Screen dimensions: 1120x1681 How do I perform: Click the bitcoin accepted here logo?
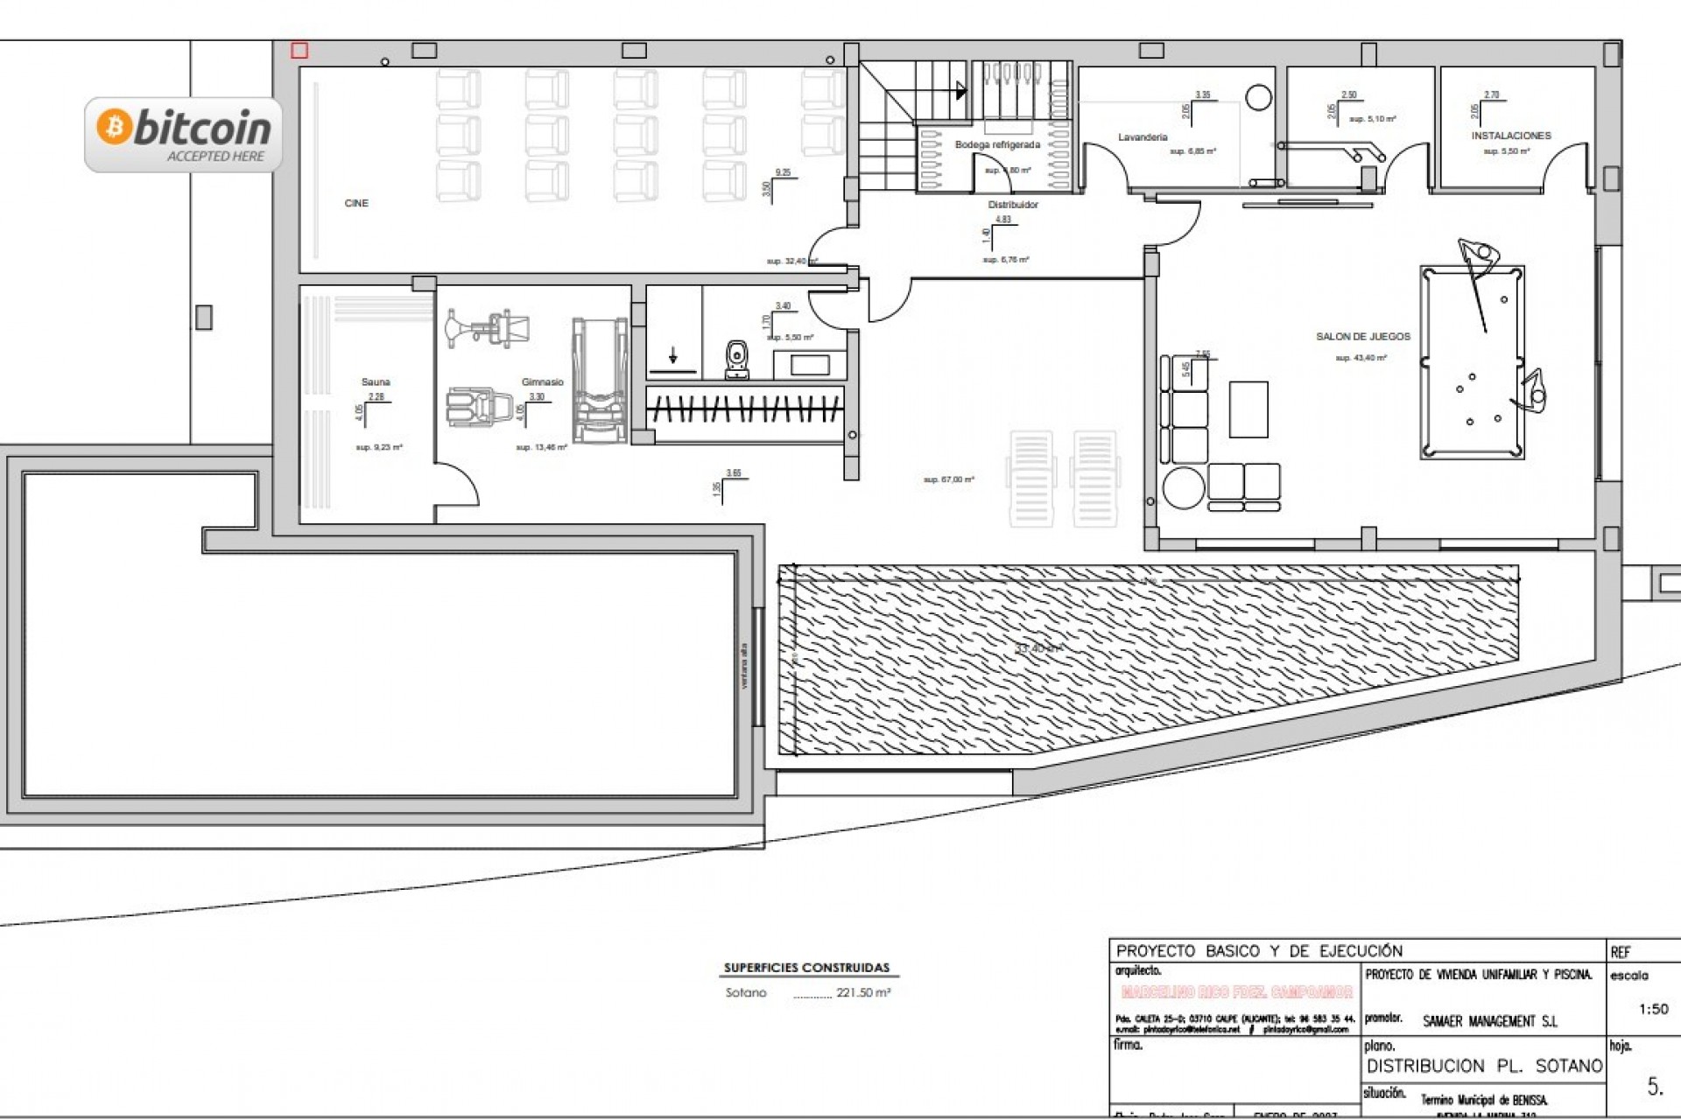(x=184, y=134)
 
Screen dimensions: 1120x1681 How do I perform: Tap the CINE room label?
(x=356, y=203)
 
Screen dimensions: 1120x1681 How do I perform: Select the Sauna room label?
(x=376, y=382)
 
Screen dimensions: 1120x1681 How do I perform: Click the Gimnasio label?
(x=542, y=382)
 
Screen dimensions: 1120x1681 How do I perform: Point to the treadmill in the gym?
(x=600, y=381)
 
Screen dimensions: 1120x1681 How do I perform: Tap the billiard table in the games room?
(x=1472, y=362)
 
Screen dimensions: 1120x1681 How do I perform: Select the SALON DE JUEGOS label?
(x=1363, y=336)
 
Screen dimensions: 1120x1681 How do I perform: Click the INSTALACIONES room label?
(x=1510, y=136)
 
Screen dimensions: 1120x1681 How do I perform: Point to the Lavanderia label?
(x=1143, y=137)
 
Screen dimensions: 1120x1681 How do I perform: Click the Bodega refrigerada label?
(x=997, y=144)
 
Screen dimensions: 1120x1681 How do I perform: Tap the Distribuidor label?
(x=1013, y=205)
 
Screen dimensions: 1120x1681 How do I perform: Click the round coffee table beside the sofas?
(x=1183, y=488)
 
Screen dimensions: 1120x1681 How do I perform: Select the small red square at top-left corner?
(x=299, y=51)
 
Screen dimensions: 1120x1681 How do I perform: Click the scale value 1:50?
(x=1653, y=1009)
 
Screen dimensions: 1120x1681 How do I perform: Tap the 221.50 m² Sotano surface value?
(x=862, y=993)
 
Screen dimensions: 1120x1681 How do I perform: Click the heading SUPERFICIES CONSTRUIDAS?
(x=806, y=968)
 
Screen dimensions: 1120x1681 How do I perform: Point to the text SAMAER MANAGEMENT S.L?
(x=1490, y=1021)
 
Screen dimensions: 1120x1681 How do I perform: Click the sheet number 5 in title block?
(x=1654, y=1088)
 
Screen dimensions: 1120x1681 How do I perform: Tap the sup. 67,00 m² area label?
(x=948, y=479)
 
